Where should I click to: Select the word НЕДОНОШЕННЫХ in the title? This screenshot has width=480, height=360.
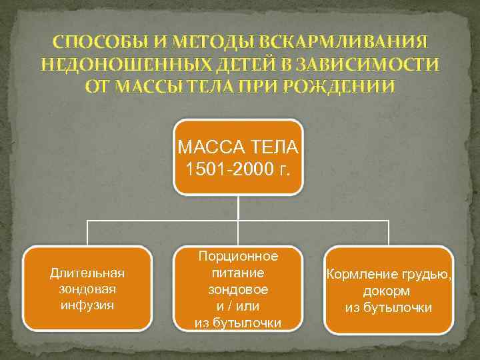click(113, 65)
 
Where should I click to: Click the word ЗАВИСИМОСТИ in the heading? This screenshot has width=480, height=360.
click(365, 65)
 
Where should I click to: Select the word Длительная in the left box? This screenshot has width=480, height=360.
click(87, 273)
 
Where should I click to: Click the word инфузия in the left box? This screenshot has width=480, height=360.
click(87, 305)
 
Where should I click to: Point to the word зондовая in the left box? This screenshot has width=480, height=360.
click(87, 289)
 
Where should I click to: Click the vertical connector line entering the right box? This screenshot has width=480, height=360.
click(389, 233)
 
